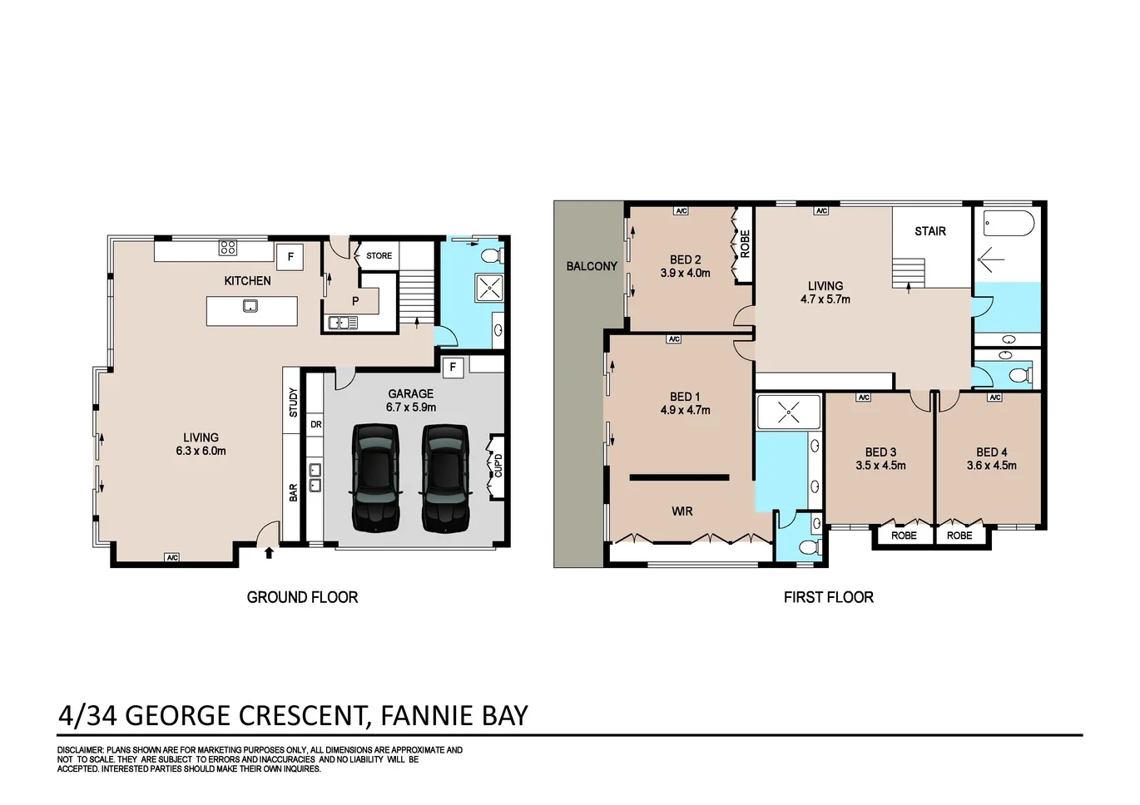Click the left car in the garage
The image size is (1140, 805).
click(376, 477)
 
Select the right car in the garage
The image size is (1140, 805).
click(446, 477)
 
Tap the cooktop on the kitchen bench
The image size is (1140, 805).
click(228, 247)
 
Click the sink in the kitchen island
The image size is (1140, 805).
click(250, 306)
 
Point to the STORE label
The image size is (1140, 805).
click(379, 256)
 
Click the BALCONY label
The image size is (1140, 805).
click(592, 266)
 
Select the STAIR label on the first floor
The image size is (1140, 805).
click(929, 231)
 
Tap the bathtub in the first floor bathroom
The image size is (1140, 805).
click(1008, 223)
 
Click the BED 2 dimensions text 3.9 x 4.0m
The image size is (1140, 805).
click(685, 273)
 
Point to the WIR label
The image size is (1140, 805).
click(682, 511)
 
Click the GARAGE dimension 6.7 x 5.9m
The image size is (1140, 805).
click(410, 407)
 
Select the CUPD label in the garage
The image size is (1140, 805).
click(498, 466)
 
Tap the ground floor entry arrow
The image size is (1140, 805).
click(269, 551)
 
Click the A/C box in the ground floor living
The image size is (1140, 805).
click(172, 557)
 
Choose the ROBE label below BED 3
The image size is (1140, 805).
click(904, 536)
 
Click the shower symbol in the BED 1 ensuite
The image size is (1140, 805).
click(788, 412)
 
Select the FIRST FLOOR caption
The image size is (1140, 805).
click(828, 597)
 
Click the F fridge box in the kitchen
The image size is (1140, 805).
click(290, 257)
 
